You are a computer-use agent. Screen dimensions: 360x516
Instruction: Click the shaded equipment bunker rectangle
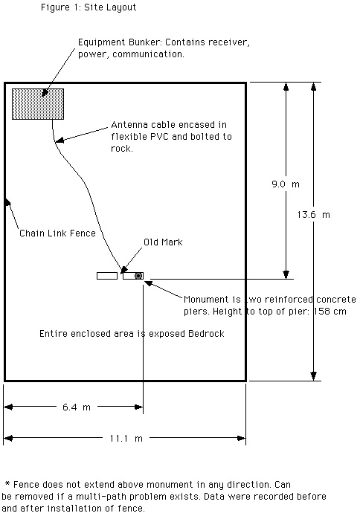point(38,104)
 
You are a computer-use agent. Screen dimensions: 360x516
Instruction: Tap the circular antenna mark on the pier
point(138,276)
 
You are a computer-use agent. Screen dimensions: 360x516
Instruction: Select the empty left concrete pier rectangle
point(107,276)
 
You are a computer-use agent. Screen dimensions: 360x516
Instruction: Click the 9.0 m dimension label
point(286,184)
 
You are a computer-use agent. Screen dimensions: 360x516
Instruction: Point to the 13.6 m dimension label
point(313,215)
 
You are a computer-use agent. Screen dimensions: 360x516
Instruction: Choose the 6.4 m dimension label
point(77,407)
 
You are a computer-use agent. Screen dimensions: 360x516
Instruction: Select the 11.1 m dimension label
point(126,438)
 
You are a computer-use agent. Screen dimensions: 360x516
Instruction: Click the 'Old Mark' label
point(163,242)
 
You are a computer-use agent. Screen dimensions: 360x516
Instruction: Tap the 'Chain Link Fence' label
point(57,233)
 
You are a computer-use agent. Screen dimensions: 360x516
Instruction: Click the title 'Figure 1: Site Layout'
point(89,7)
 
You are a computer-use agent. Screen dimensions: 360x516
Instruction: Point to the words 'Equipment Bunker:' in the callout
point(120,42)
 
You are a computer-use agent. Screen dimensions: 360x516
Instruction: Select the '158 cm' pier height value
point(330,312)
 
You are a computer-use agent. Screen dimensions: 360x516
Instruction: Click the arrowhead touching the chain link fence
point(7,201)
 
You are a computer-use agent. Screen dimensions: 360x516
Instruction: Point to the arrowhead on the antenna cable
point(60,141)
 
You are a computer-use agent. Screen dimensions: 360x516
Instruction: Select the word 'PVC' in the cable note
point(159,137)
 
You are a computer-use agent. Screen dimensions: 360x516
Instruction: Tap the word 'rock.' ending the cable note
point(122,149)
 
